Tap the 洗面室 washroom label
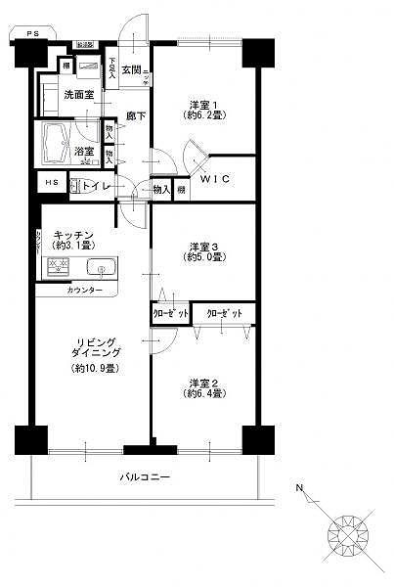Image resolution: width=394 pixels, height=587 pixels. (x=79, y=95)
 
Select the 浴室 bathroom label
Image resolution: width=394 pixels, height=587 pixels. (x=84, y=151)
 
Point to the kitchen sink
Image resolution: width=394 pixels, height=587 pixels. (x=101, y=267)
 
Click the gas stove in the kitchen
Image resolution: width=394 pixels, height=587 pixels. (x=57, y=266)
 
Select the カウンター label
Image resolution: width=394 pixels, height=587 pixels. (x=85, y=292)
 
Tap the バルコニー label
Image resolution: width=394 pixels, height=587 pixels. (x=146, y=476)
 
